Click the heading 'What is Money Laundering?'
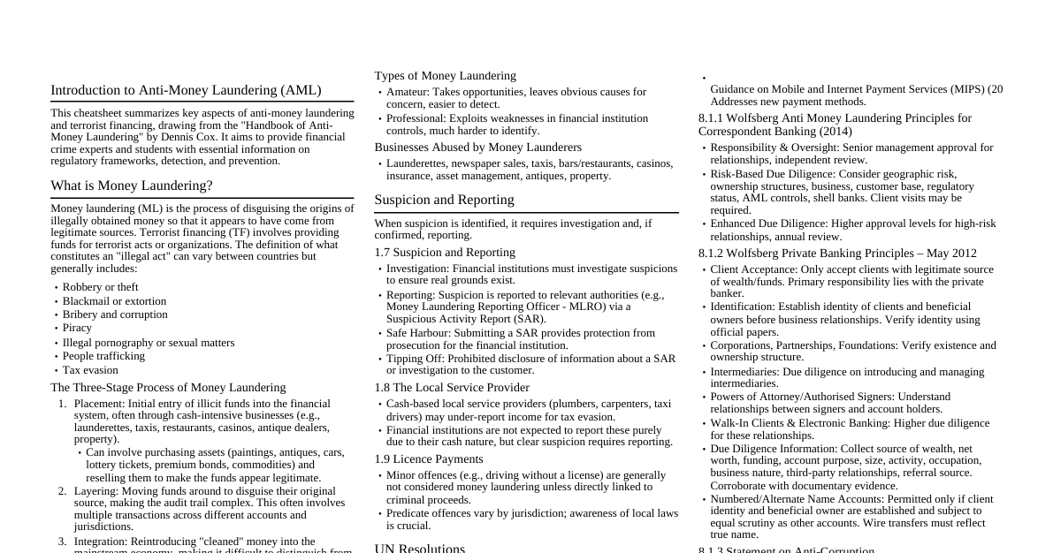(132, 186)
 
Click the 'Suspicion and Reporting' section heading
(444, 200)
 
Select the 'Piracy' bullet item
(77, 328)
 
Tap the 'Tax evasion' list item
(90, 370)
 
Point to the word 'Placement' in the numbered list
(98, 404)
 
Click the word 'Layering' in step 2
(95, 490)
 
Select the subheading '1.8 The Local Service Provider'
(452, 388)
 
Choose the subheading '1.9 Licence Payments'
(429, 459)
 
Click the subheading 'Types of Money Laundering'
(445, 76)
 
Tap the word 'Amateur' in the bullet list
(407, 92)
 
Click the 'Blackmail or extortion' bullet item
(114, 301)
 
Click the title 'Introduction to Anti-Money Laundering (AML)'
(186, 90)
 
